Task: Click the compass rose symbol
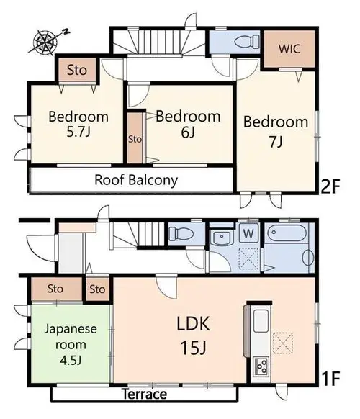tap(45, 42)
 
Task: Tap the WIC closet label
tap(289, 49)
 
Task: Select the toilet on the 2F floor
tap(247, 42)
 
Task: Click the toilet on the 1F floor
tap(181, 233)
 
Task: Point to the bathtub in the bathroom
tap(287, 233)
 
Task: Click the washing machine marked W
tap(248, 233)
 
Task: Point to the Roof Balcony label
tap(136, 180)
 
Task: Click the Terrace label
tap(144, 394)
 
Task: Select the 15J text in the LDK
tap(194, 348)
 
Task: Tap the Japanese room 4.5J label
tap(71, 345)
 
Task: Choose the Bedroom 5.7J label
tap(78, 125)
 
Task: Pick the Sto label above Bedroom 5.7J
tap(77, 70)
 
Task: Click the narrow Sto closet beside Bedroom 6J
tap(135, 138)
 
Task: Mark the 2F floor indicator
tap(330, 186)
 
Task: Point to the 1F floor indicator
tap(331, 379)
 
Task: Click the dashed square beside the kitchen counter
tap(283, 343)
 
